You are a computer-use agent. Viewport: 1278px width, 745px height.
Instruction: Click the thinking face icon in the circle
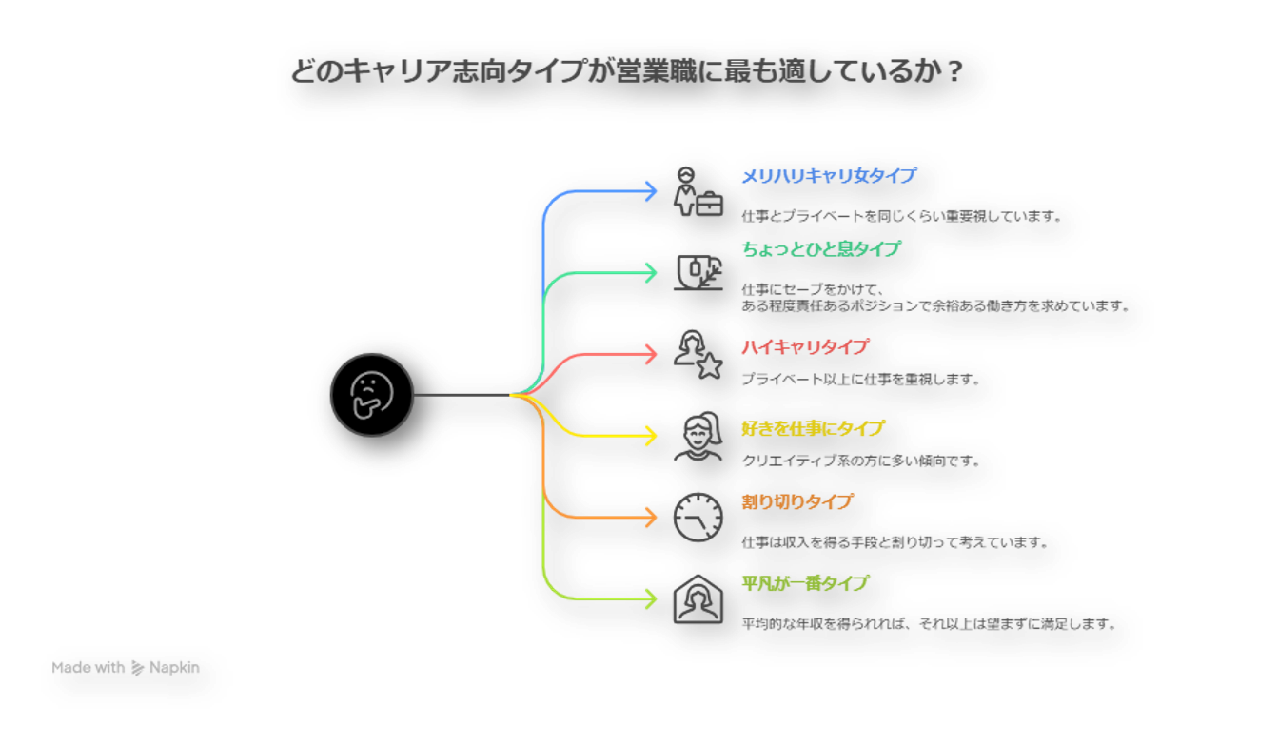(x=372, y=395)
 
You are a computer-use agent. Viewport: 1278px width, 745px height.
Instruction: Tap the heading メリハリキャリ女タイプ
(x=828, y=176)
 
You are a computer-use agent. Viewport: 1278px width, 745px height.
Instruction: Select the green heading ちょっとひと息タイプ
(x=820, y=249)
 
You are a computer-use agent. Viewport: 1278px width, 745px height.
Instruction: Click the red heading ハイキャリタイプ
(x=804, y=348)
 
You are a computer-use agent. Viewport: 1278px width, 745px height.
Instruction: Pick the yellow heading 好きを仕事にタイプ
(x=812, y=429)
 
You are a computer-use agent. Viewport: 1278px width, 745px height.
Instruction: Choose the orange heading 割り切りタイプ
(x=796, y=502)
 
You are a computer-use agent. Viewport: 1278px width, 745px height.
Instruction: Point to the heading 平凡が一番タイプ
(x=804, y=583)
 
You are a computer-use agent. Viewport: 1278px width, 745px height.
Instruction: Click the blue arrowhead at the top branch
(x=652, y=191)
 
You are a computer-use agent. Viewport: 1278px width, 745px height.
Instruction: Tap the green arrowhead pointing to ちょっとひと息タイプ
(x=652, y=273)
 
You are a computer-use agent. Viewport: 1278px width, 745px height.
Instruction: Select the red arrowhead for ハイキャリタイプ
(x=652, y=354)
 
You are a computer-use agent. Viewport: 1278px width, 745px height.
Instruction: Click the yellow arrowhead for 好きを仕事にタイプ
(x=652, y=436)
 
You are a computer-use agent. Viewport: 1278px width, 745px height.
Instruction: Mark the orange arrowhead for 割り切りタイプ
(x=652, y=517)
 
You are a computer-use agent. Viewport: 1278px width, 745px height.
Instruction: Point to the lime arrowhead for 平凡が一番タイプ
(x=652, y=598)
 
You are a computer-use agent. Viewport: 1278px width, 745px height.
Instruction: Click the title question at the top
(x=636, y=72)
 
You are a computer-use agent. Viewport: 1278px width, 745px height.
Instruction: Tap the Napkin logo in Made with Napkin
(x=138, y=668)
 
